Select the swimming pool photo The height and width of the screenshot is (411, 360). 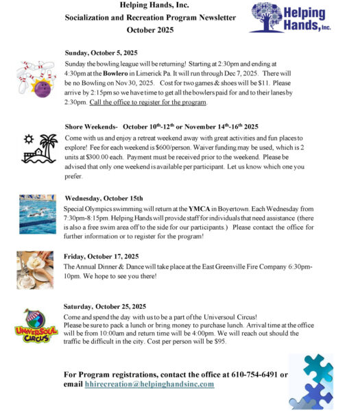[38, 213]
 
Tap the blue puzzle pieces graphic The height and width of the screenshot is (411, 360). [311, 381]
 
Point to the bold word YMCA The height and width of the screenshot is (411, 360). [211, 207]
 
